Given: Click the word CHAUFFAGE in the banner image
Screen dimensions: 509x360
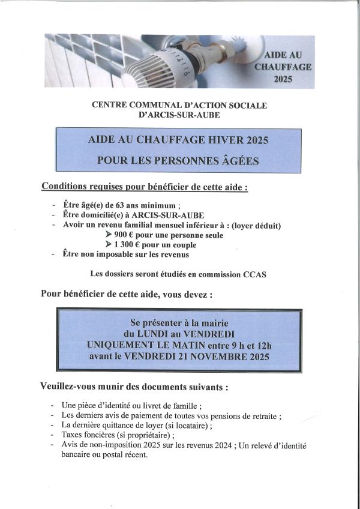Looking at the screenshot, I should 283,67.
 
